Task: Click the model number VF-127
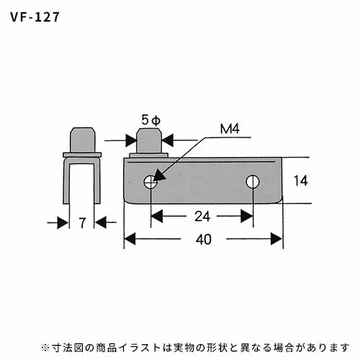(35, 17)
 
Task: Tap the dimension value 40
(204, 239)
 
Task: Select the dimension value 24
(202, 216)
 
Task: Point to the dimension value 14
(301, 181)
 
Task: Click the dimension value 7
(82, 223)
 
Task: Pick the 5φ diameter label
(150, 120)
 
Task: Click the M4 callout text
(230, 129)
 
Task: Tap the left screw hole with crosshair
(150, 182)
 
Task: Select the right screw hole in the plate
(253, 182)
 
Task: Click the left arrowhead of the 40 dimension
(130, 239)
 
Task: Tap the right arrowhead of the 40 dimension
(276, 239)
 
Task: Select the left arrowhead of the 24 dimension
(157, 216)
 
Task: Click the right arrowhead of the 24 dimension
(247, 216)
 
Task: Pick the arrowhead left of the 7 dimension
(63, 222)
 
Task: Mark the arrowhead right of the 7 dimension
(101, 222)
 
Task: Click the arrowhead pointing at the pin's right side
(168, 140)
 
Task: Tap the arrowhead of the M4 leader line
(159, 175)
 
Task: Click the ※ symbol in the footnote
(45, 348)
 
